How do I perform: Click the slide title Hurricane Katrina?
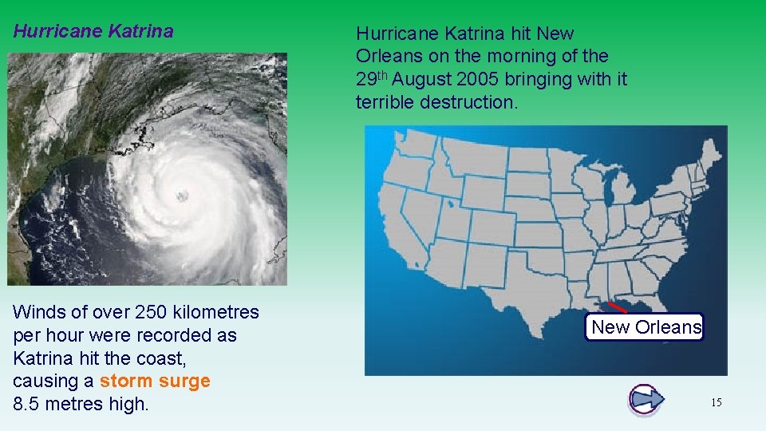pyautogui.click(x=93, y=32)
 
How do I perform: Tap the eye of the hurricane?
pyautogui.click(x=182, y=195)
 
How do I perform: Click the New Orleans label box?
pyautogui.click(x=645, y=326)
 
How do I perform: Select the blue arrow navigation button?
pyautogui.click(x=646, y=399)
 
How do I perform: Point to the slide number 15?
pyautogui.click(x=716, y=403)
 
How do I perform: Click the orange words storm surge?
pyautogui.click(x=155, y=381)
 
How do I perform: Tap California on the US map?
pyautogui.click(x=399, y=231)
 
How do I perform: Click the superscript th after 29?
pyautogui.click(x=383, y=74)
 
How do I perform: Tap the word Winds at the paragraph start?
pyautogui.click(x=38, y=312)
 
